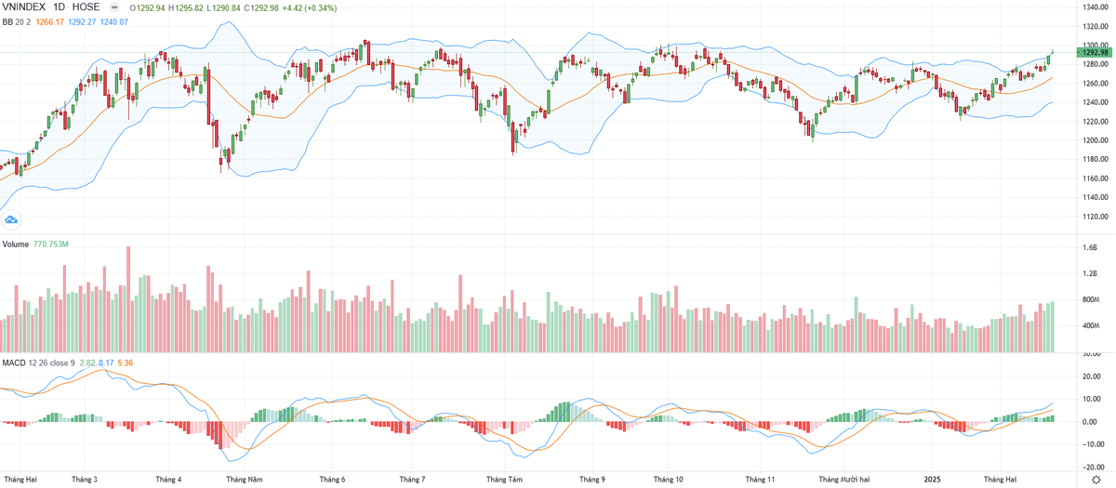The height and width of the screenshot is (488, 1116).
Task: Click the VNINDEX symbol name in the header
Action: coord(25,7)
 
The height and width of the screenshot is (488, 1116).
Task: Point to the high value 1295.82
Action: coord(194,7)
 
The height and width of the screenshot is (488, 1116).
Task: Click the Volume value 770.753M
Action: coord(52,244)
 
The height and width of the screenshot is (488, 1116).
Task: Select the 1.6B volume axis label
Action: coord(1089,247)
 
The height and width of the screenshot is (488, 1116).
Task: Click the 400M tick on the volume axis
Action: coord(1091,326)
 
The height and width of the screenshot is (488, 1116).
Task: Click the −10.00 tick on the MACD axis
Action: coord(1091,443)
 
